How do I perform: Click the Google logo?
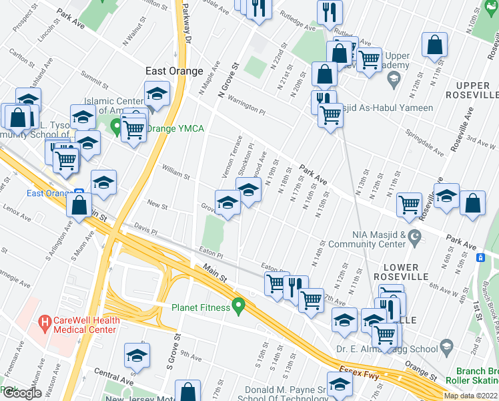22,393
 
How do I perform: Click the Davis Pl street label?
145,231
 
